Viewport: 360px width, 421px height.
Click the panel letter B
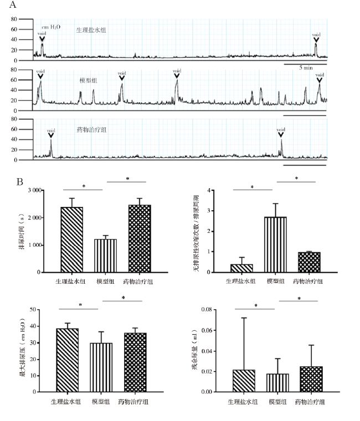[20, 181]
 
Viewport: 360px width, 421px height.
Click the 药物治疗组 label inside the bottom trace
[92, 129]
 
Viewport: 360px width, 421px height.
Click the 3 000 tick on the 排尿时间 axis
[34, 190]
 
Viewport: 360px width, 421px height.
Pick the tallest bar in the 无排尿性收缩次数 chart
[276, 245]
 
